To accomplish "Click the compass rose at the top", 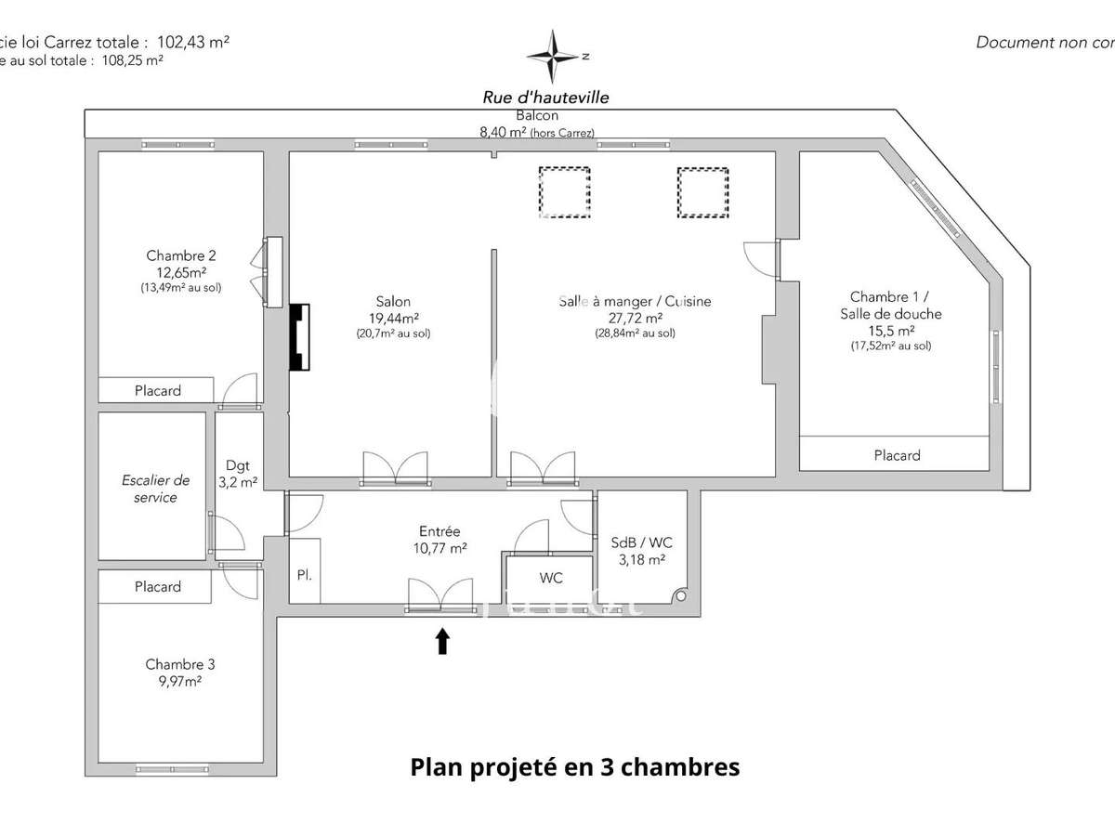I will coord(555,55).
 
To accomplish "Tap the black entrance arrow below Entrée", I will coord(442,641).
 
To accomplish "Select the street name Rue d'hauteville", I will coord(546,97).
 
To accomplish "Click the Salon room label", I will coord(393,301).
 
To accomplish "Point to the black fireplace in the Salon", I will coord(299,337).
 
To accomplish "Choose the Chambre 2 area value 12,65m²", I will coord(181,272).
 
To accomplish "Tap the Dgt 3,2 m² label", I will coord(238,474).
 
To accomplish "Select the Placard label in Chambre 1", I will coord(897,455).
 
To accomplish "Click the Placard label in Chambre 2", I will coord(158,390).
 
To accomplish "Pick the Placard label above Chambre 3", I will coord(158,586).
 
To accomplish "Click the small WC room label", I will coord(551,578).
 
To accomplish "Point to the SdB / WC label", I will coord(642,542).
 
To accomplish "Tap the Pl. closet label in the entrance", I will coord(304,575).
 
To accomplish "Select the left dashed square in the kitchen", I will coord(564,192).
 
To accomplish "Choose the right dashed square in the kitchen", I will coord(702,192).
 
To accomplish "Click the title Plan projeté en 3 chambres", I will coord(575,767).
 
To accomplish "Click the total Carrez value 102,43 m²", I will coord(193,42).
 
